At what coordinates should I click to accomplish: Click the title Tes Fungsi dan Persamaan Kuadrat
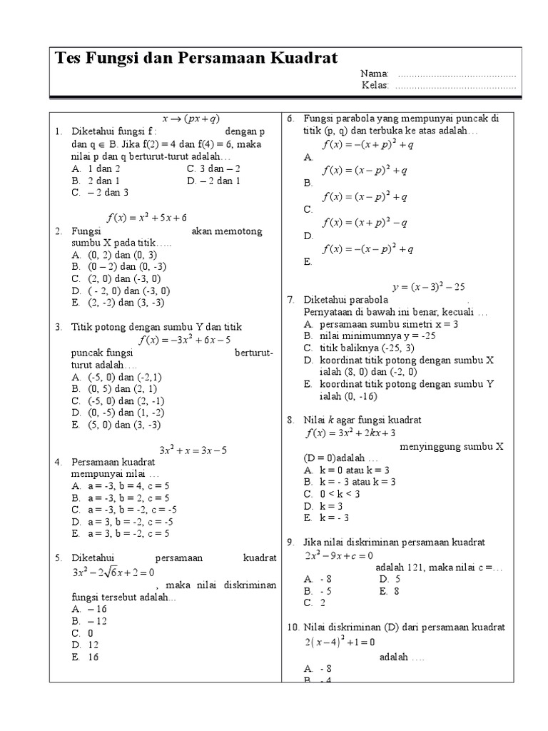[x=196, y=59]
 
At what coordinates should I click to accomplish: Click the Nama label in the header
[x=375, y=74]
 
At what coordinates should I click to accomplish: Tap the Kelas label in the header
[x=375, y=86]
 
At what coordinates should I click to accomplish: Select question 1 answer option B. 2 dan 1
[x=96, y=181]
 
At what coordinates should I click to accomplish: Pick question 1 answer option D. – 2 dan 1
[x=213, y=181]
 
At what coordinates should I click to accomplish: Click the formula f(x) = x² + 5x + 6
[x=143, y=217]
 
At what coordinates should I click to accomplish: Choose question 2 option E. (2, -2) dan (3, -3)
[x=118, y=302]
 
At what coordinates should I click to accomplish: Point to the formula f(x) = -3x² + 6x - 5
[x=185, y=340]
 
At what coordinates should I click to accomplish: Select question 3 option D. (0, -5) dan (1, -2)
[x=117, y=412]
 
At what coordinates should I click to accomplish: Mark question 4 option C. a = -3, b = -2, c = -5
[x=123, y=509]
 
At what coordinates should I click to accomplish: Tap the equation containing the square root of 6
[x=113, y=573]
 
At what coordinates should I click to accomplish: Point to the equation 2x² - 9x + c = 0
[x=339, y=555]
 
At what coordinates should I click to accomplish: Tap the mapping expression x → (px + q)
[x=191, y=119]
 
